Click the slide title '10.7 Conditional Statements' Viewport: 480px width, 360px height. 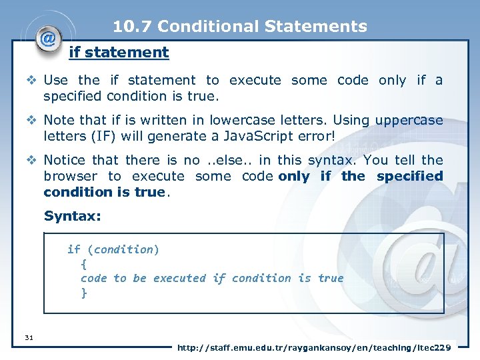pos(240,27)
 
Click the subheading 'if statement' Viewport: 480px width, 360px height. pos(119,52)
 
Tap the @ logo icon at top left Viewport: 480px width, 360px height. pos(48,39)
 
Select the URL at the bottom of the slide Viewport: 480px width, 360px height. pos(314,347)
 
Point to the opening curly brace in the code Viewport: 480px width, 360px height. pos(83,264)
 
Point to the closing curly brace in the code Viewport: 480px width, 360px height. pos(84,293)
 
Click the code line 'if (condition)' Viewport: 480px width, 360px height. pos(113,249)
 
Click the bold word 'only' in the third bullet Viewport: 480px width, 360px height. pos(293,176)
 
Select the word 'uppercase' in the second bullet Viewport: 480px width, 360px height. pos(409,121)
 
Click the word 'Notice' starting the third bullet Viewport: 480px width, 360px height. pos(64,160)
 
